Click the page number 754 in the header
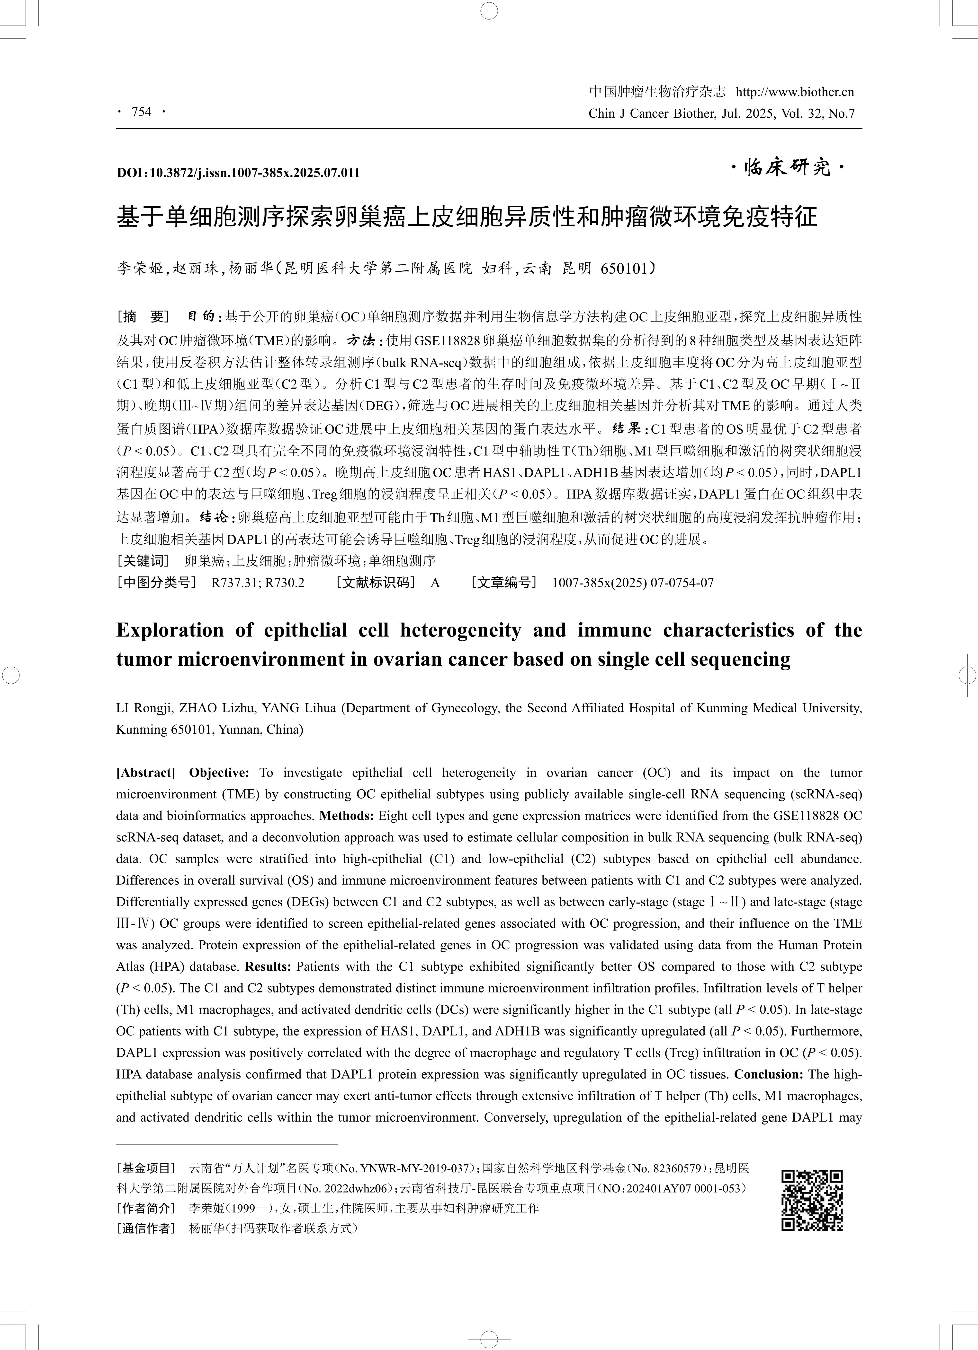click(x=142, y=111)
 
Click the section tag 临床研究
click(x=787, y=168)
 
